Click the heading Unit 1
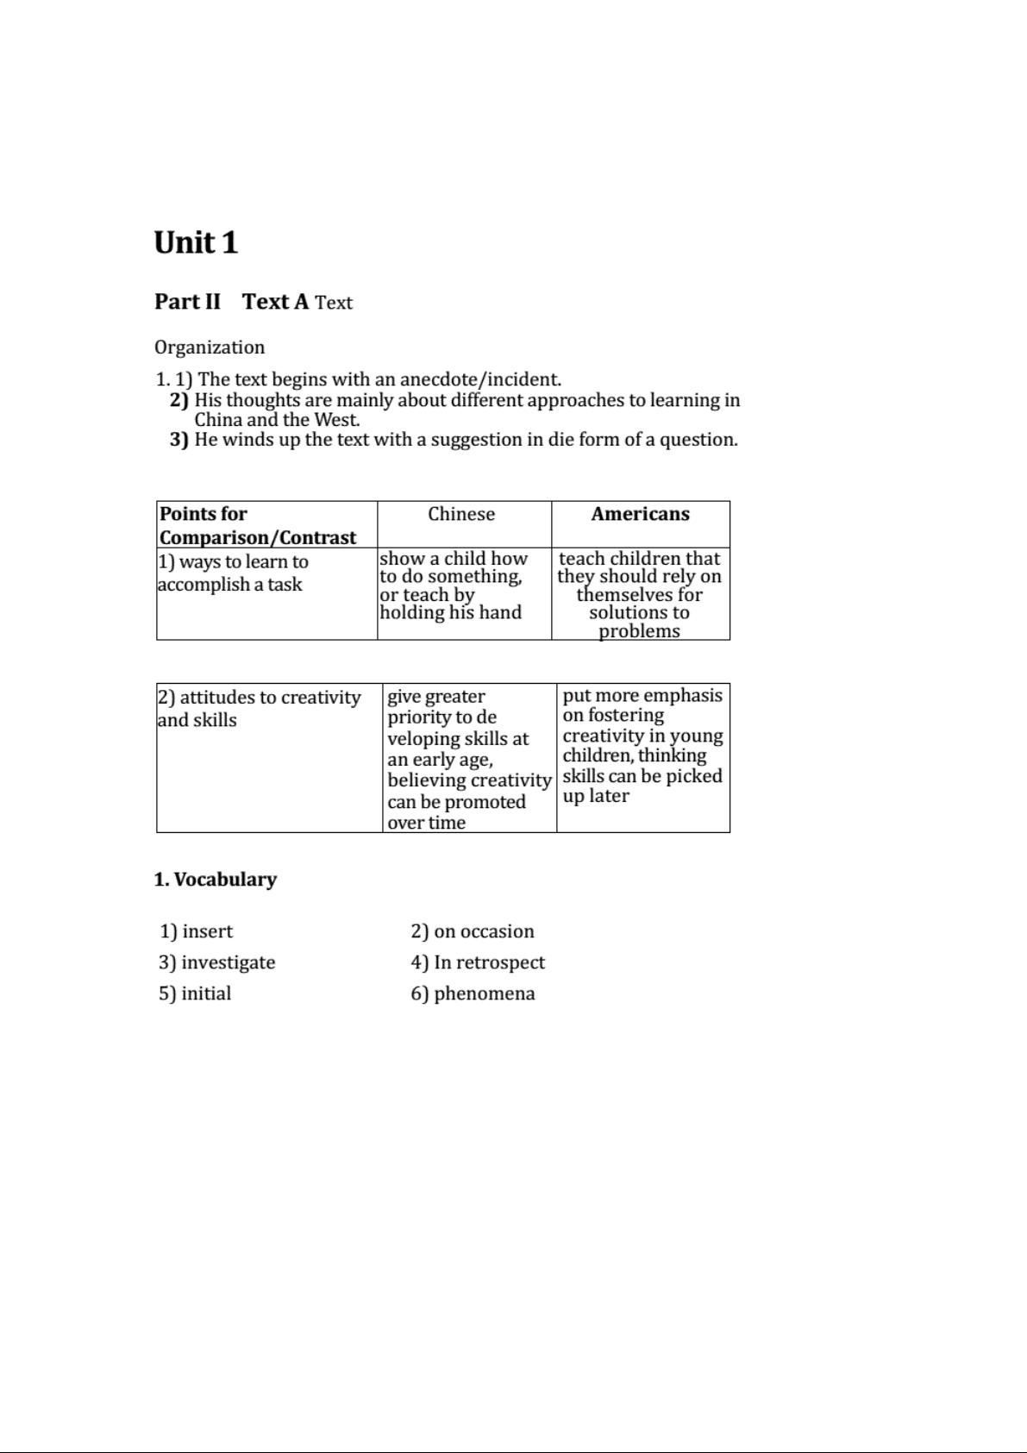[x=196, y=242]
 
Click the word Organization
[x=210, y=348]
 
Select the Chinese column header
[x=461, y=514]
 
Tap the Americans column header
[x=640, y=514]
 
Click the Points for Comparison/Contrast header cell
[x=257, y=525]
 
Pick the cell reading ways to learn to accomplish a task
[x=233, y=573]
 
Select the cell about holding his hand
[x=453, y=586]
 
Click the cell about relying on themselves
[x=639, y=594]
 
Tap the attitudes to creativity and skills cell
[x=259, y=708]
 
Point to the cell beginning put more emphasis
[x=642, y=745]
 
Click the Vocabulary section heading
[x=216, y=880]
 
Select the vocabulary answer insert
[x=197, y=931]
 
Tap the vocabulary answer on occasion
[x=473, y=931]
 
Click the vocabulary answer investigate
[x=217, y=962]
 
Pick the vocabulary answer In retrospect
[x=478, y=962]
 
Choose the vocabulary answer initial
[x=195, y=993]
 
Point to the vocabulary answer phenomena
[x=473, y=993]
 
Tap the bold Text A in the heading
[x=275, y=302]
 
